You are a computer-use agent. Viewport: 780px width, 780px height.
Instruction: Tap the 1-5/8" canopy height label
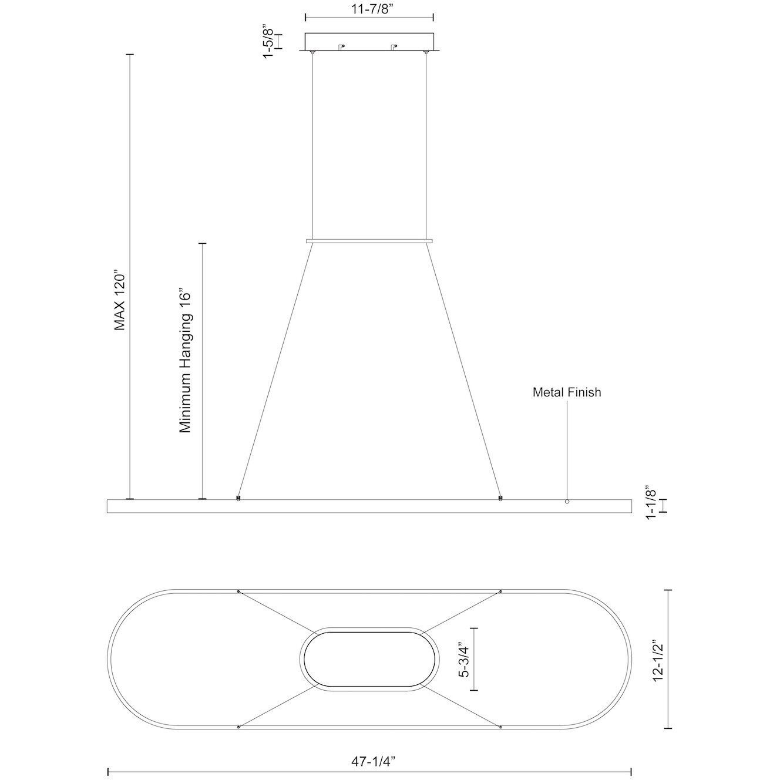[x=268, y=43]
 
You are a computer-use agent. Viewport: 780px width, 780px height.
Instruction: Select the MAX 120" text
[x=120, y=300]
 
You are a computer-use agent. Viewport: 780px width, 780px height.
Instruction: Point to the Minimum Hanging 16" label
[x=184, y=361]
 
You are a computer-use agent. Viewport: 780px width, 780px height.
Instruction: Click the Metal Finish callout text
[x=567, y=392]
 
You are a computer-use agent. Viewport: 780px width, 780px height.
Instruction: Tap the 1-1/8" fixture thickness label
[x=650, y=502]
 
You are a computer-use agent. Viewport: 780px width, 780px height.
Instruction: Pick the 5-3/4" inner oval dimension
[x=464, y=661]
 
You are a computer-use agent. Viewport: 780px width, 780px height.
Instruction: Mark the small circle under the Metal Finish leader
[x=567, y=502]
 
